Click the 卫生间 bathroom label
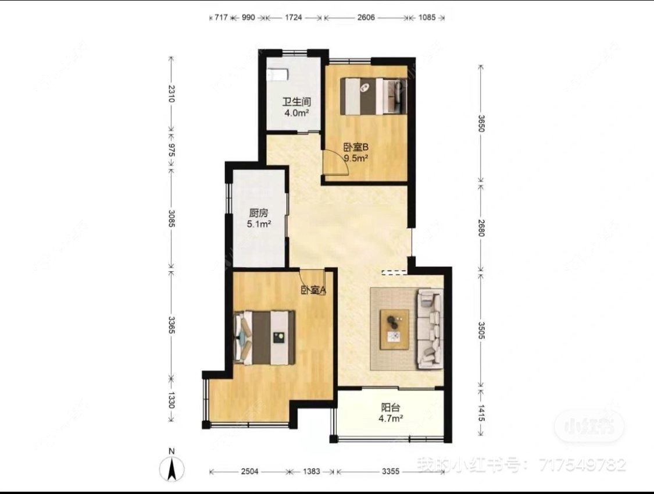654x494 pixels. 295,102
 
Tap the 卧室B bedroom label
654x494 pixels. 356,147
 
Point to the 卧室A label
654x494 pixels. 313,290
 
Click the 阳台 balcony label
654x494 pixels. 391,408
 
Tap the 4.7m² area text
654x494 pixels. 391,418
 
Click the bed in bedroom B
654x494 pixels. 373,96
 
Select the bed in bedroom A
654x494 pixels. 265,337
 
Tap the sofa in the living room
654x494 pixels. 430,330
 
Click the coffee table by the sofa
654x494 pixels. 395,329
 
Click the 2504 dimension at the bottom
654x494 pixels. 248,471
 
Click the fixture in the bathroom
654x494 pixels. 277,74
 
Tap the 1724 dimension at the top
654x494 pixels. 294,18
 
